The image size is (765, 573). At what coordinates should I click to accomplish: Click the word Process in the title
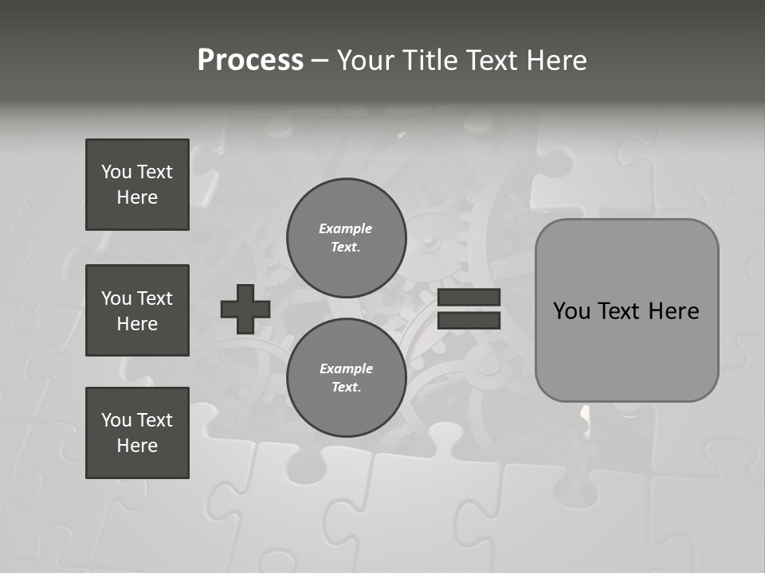click(x=250, y=60)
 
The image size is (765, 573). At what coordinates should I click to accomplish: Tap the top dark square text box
click(x=137, y=185)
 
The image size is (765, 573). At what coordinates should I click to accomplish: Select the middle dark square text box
click(x=137, y=310)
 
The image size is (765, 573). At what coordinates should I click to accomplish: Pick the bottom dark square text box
click(x=137, y=433)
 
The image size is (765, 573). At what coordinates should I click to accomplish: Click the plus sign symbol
click(x=245, y=309)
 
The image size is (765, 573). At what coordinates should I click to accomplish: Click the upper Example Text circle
click(x=346, y=237)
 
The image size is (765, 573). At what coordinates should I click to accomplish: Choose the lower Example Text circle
click(x=346, y=377)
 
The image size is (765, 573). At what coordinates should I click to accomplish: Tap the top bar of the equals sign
click(x=469, y=298)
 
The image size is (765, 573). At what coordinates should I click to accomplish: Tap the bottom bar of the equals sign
click(x=469, y=320)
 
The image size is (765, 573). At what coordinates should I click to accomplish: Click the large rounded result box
click(x=626, y=310)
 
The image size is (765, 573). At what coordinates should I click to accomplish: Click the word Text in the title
click(x=491, y=60)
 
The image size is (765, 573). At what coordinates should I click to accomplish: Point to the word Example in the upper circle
click(x=345, y=228)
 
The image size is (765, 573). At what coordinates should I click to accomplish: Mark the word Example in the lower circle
click(x=346, y=368)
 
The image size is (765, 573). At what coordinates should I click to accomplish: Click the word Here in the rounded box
click(x=673, y=311)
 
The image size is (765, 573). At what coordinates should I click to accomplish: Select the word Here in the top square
click(x=137, y=197)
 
